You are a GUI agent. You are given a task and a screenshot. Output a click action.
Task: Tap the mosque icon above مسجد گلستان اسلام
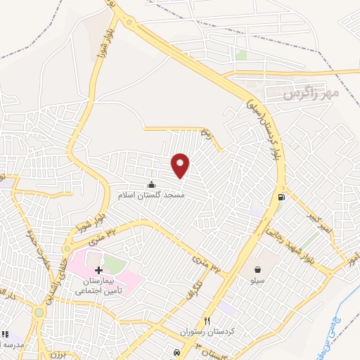[x=151, y=185]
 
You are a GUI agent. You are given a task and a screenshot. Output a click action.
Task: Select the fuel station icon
[x=281, y=197]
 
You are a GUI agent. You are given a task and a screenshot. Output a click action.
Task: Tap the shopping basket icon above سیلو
[x=257, y=269]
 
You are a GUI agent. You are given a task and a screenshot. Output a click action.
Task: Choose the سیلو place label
[x=257, y=280]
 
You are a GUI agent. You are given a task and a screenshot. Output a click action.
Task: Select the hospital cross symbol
[x=98, y=270]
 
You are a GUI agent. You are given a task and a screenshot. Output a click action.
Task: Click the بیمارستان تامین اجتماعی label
[x=98, y=285]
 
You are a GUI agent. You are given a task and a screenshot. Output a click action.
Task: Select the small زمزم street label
[x=205, y=131]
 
